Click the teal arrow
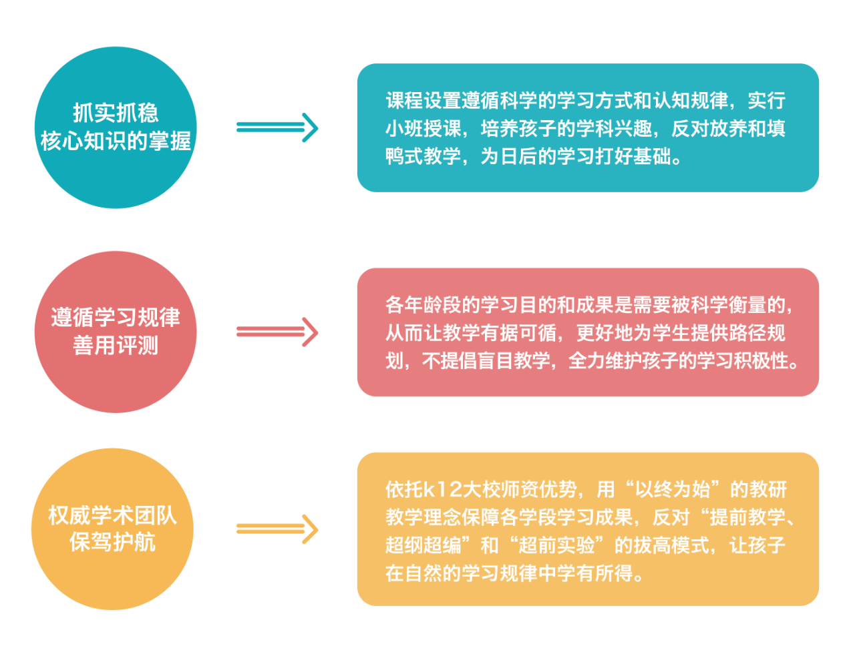click(x=277, y=127)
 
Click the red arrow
click(x=277, y=332)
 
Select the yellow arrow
click(x=277, y=529)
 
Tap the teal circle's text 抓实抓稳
click(x=116, y=113)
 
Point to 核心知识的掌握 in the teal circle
click(x=116, y=141)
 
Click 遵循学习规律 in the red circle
click(x=116, y=317)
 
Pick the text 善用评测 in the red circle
click(x=116, y=346)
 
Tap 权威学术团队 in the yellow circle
click(x=112, y=515)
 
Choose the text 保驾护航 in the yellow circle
click(x=112, y=543)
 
